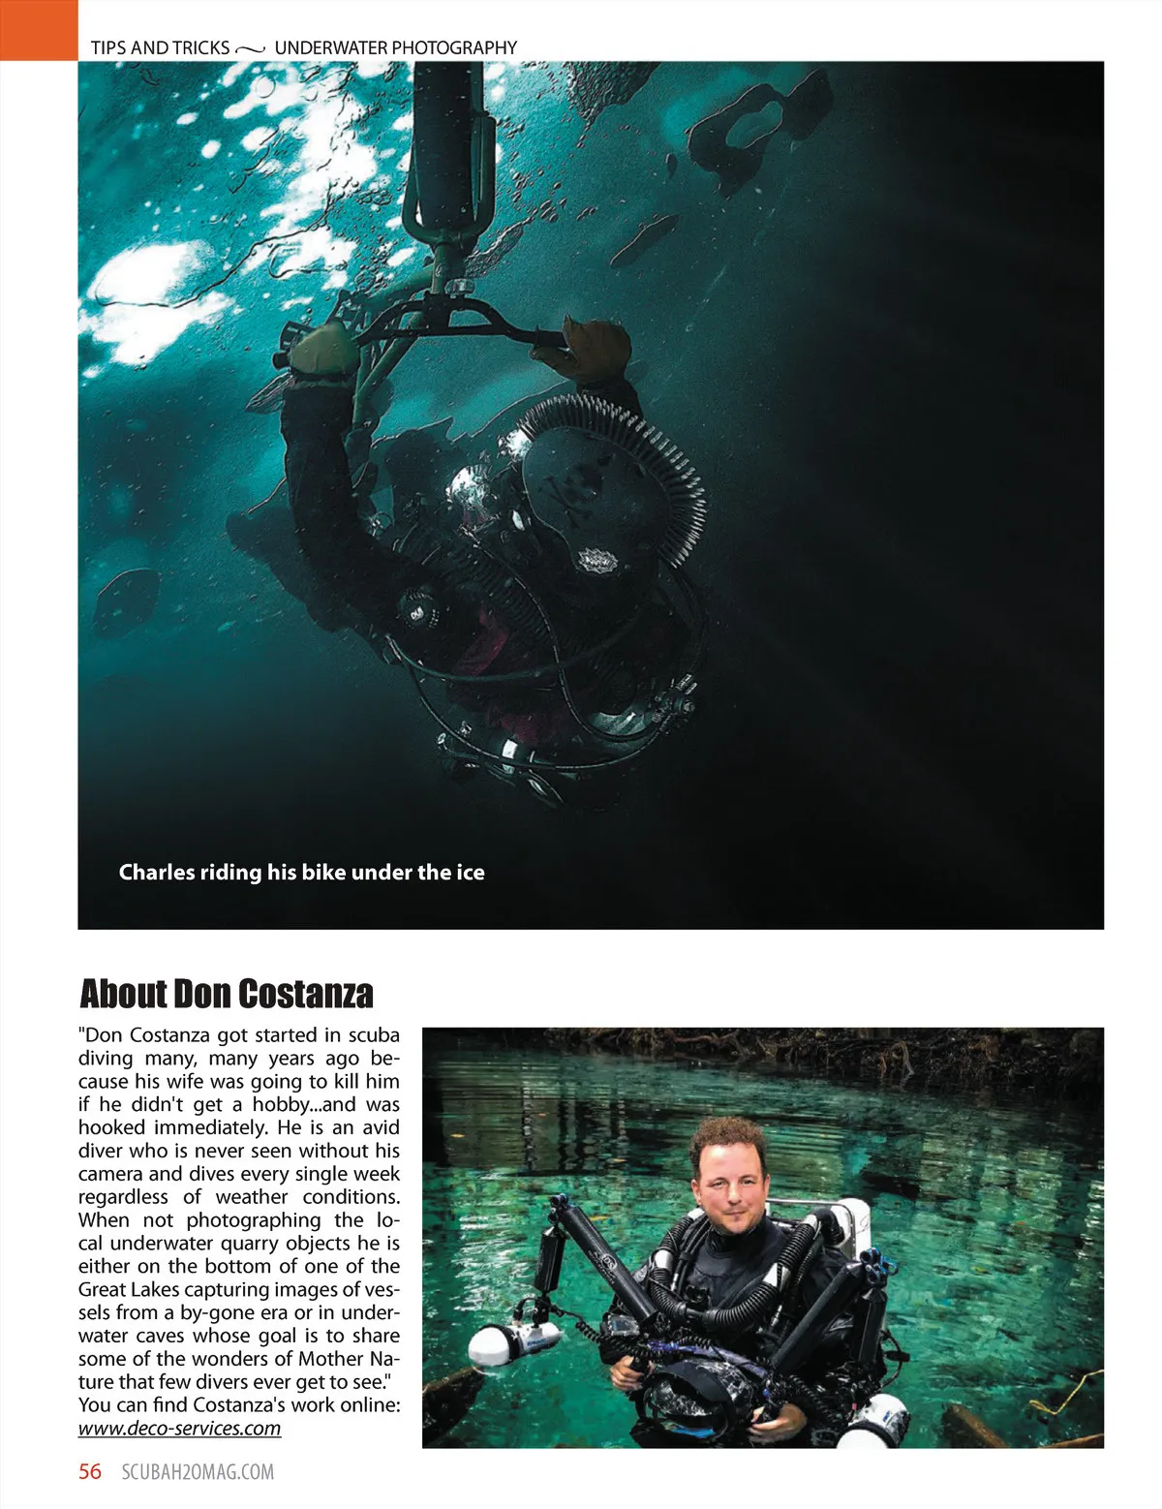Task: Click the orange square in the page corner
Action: pyautogui.click(x=38, y=30)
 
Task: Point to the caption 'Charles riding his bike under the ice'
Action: pyautogui.click(x=301, y=872)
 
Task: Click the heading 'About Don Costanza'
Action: pyautogui.click(x=226, y=994)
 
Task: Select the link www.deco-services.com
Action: pyautogui.click(x=179, y=1428)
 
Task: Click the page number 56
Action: pyautogui.click(x=89, y=1471)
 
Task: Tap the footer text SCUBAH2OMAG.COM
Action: pyautogui.click(x=198, y=1472)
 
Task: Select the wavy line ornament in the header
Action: pyautogui.click(x=251, y=47)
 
